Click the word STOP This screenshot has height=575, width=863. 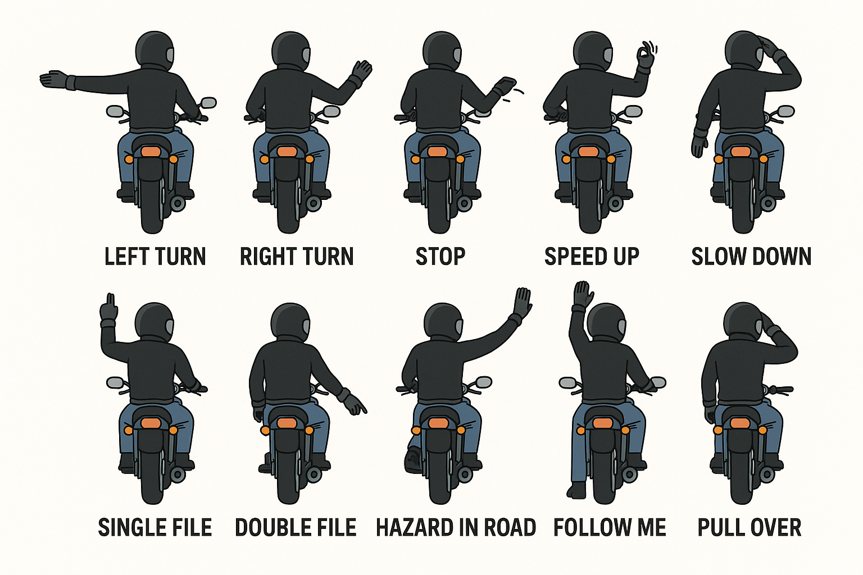(x=440, y=257)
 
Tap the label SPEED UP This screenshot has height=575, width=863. (x=592, y=257)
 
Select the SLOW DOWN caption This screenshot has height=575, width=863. (x=751, y=257)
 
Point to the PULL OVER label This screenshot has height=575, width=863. (x=750, y=527)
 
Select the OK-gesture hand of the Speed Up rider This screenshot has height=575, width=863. (x=646, y=56)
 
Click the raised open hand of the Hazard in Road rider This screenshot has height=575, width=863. (x=523, y=303)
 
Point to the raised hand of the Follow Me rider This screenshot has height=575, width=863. (x=583, y=294)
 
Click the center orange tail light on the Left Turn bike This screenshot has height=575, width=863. (x=151, y=152)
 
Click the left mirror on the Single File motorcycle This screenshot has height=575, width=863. (x=115, y=382)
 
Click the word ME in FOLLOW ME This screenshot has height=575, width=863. (x=651, y=527)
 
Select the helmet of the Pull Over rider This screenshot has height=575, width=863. (x=743, y=322)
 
